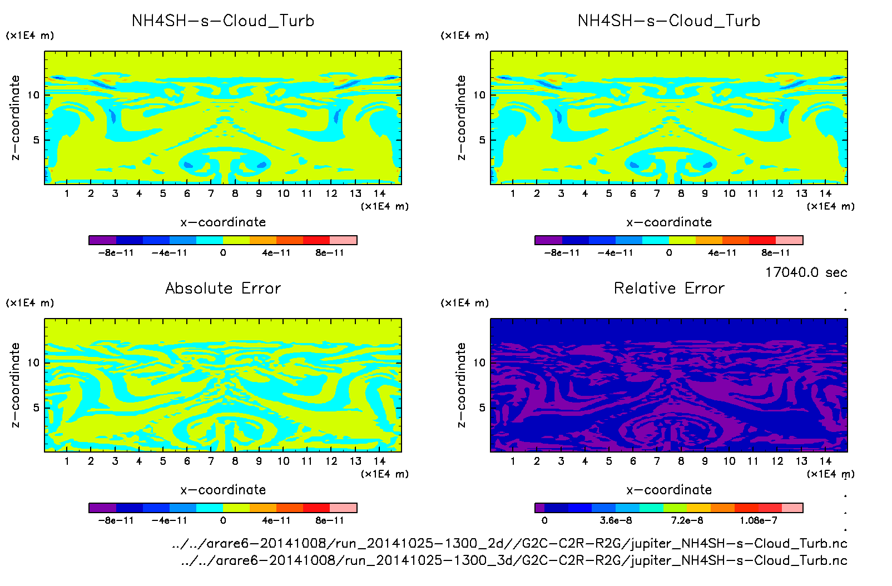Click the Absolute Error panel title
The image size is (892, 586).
pyautogui.click(x=223, y=288)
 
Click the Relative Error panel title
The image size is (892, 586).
pyautogui.click(x=669, y=288)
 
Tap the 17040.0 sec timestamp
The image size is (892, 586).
pyautogui.click(x=806, y=272)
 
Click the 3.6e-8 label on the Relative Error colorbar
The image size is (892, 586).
pyautogui.click(x=616, y=520)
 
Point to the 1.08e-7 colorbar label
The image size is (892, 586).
pyautogui.click(x=759, y=520)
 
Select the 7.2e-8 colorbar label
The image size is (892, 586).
pyautogui.click(x=687, y=520)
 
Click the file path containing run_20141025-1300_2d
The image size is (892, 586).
pyautogui.click(x=509, y=543)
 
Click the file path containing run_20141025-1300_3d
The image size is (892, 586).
pyautogui.click(x=514, y=560)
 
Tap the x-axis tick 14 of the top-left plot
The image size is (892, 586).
pyautogui.click(x=379, y=193)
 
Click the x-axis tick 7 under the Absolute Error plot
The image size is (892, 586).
pyautogui.click(x=211, y=461)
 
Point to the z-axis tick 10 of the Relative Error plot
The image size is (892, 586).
pyautogui.click(x=479, y=362)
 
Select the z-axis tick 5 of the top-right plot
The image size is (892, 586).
pyautogui.click(x=482, y=140)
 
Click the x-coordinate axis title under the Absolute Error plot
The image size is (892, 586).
pyautogui.click(x=223, y=490)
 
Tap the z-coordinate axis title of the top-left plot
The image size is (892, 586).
pyautogui.click(x=15, y=118)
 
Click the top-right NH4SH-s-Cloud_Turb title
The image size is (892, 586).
pyautogui.click(x=669, y=21)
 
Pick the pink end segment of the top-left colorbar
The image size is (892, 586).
pyautogui.click(x=344, y=240)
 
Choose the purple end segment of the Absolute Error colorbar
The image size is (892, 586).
pyautogui.click(x=102, y=508)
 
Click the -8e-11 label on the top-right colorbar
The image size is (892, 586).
pyautogui.click(x=562, y=252)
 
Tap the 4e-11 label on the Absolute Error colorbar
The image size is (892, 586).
pyautogui.click(x=276, y=520)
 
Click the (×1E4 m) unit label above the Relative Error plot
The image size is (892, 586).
pyautogui.click(x=465, y=303)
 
